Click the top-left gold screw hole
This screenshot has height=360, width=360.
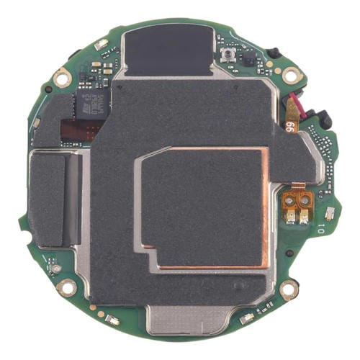coord(63,73)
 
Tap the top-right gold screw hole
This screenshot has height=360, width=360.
coord(291,74)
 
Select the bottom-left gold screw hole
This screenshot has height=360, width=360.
coord(66,288)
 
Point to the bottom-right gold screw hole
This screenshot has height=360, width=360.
coord(289,289)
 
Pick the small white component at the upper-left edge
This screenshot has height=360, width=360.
coord(100,45)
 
